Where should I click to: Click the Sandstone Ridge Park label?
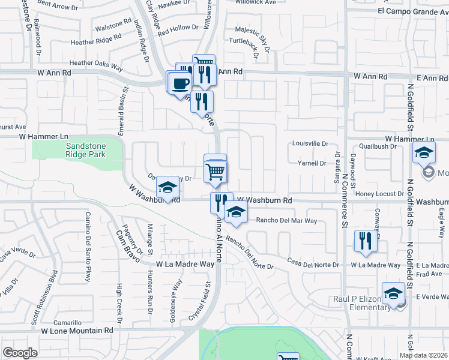pyautogui.click(x=85, y=150)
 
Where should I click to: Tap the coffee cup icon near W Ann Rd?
pyautogui.click(x=180, y=83)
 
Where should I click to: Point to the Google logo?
pyautogui.click(x=20, y=353)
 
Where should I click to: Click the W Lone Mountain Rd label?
pyautogui.click(x=77, y=330)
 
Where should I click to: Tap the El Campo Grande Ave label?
pyautogui.click(x=414, y=11)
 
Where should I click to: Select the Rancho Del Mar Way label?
pyautogui.click(x=286, y=221)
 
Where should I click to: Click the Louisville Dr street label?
pyautogui.click(x=310, y=144)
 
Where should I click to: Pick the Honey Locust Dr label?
pyautogui.click(x=381, y=193)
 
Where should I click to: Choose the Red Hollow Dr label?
pyautogui.click(x=178, y=28)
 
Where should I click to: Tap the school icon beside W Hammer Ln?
pyautogui.click(x=423, y=153)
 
